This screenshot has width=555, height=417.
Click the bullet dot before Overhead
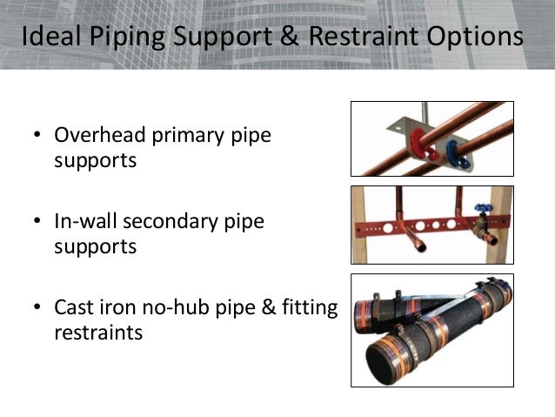point(37,138)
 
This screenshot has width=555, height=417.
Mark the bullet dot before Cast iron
point(37,308)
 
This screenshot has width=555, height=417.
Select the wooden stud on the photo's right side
point(505,226)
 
